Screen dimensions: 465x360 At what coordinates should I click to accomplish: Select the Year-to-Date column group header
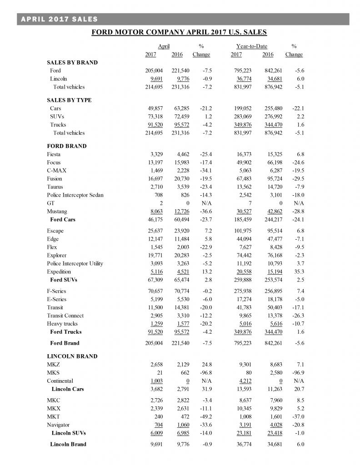pos(251,46)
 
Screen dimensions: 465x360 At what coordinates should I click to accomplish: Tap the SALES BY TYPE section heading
pos(69,100)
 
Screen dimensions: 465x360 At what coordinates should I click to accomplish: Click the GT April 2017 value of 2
pos(155,203)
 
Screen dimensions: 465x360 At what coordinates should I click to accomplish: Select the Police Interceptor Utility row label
pos(75,263)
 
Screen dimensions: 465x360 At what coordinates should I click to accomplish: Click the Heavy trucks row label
pos(62,324)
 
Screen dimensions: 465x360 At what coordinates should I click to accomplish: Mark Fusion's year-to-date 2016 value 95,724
pos(273,179)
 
